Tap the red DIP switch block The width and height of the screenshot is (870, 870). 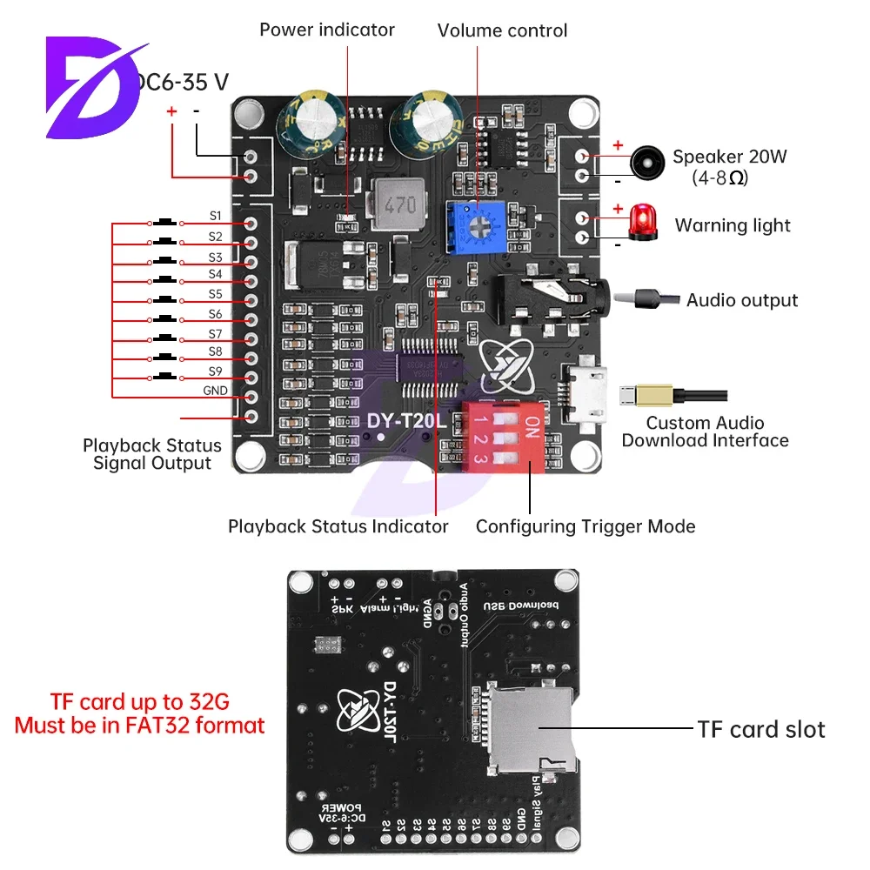tap(505, 438)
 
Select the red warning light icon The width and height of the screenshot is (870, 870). tap(643, 223)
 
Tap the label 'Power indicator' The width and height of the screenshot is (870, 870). tap(327, 30)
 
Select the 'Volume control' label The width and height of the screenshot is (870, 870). tap(502, 30)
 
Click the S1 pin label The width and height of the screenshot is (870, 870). tap(216, 215)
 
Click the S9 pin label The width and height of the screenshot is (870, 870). tap(216, 371)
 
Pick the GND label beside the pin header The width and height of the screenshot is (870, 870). tap(215, 391)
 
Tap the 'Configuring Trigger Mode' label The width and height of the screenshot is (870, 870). tap(586, 525)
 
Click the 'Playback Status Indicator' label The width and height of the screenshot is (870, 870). tap(338, 525)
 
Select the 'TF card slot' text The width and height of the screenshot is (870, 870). tap(760, 729)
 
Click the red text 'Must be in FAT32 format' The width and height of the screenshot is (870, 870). tap(139, 724)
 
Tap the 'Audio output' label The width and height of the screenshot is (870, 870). tap(742, 300)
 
